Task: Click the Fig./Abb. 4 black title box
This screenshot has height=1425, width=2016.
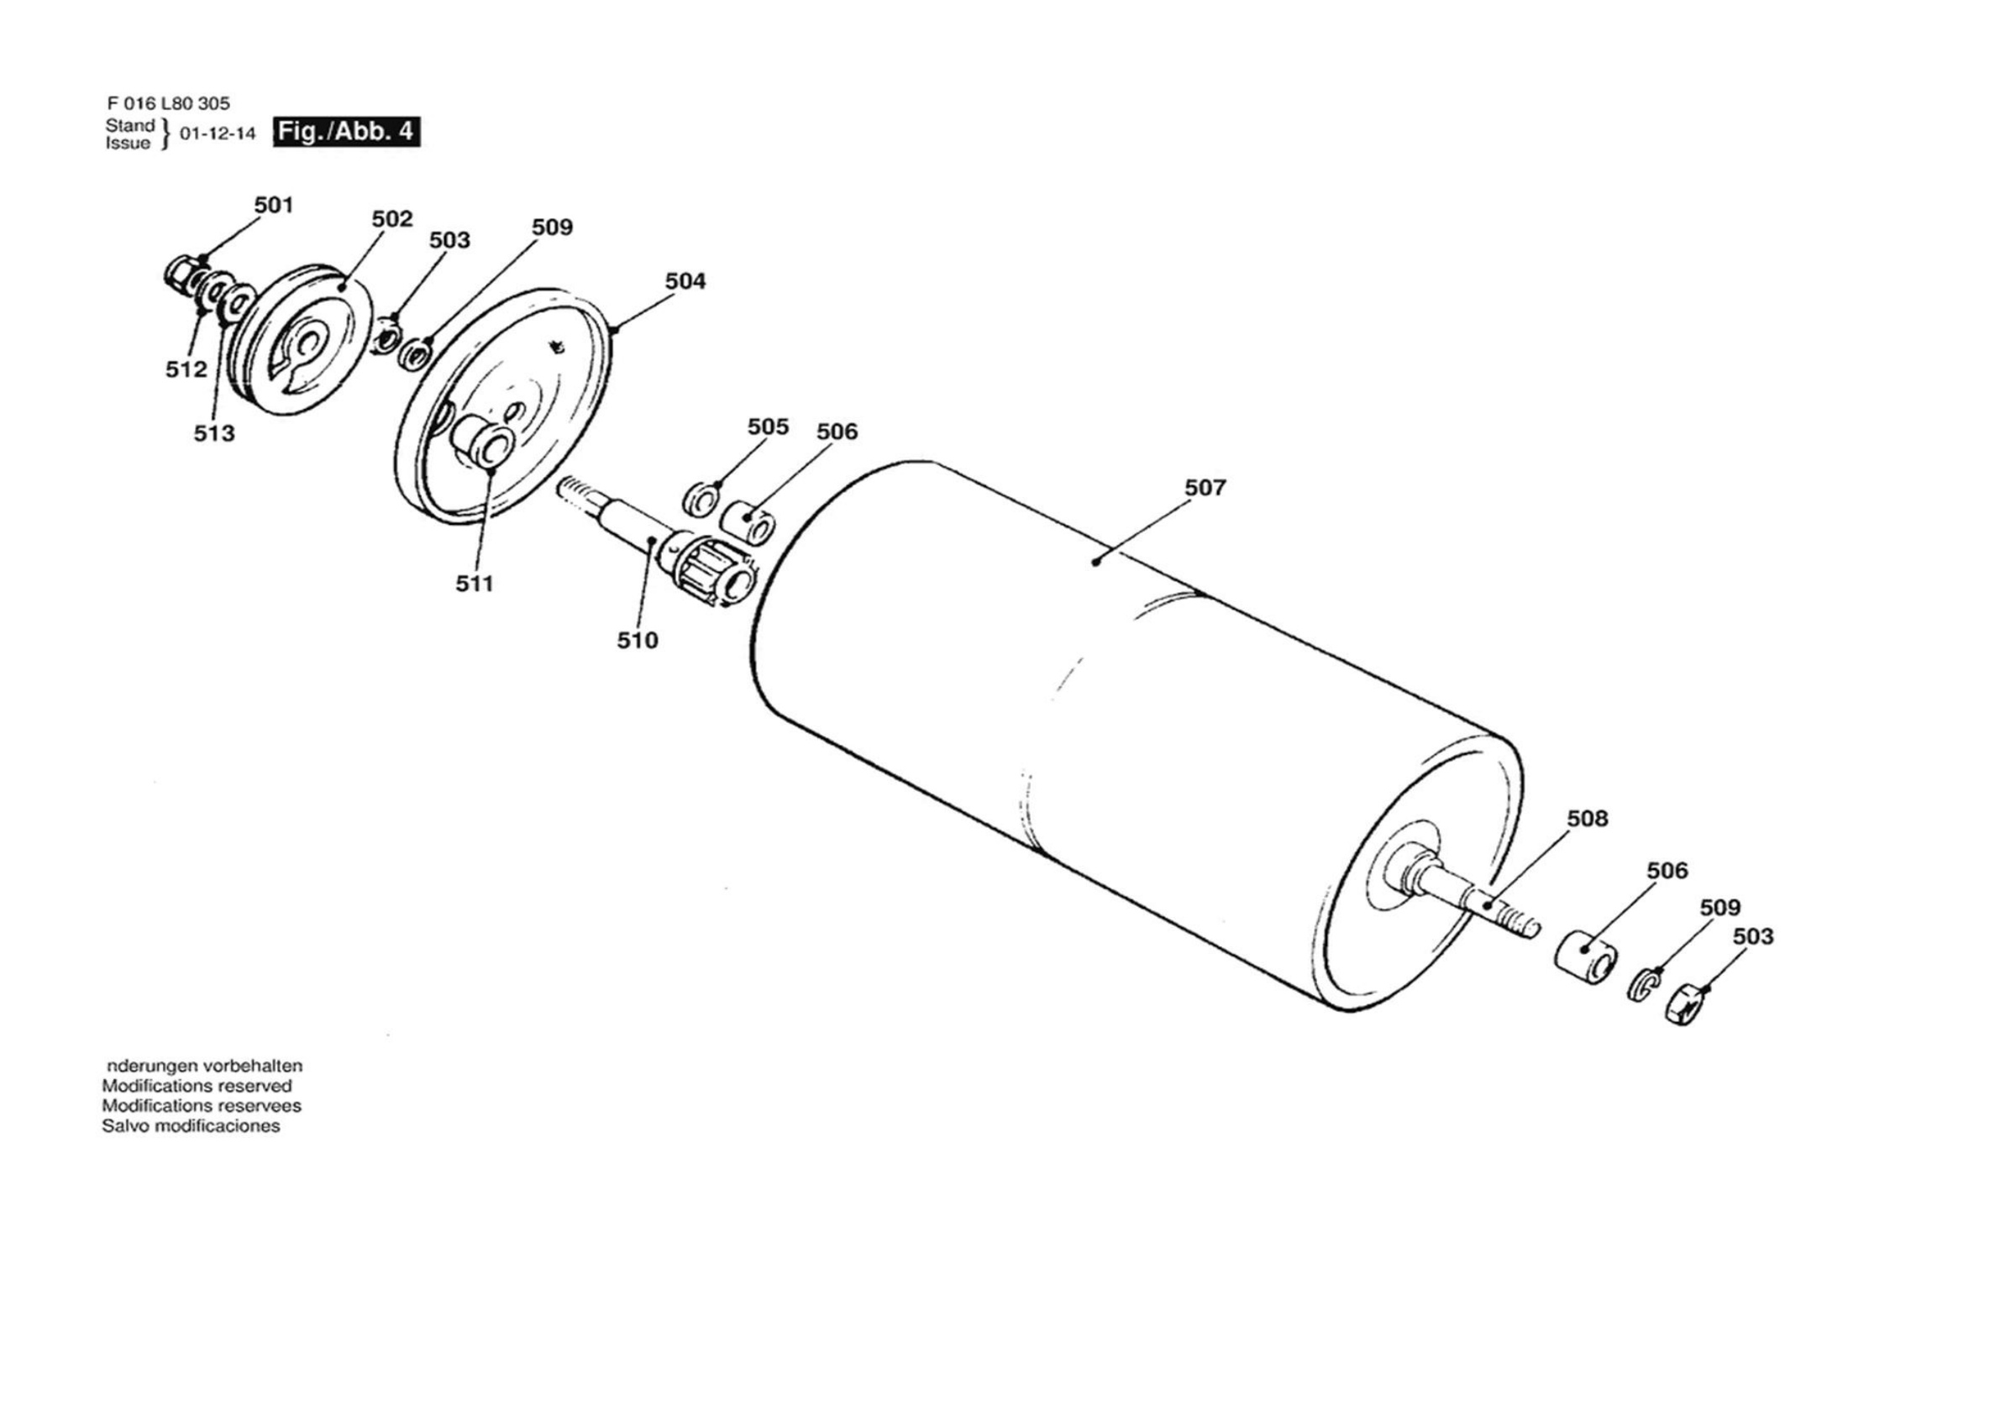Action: click(346, 132)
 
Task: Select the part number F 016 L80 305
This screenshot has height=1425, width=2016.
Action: click(168, 103)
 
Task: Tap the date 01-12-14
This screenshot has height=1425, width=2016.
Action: click(218, 134)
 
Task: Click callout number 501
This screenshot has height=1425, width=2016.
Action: click(273, 206)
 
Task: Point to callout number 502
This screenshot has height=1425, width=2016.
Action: click(391, 219)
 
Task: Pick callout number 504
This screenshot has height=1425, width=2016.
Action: click(685, 281)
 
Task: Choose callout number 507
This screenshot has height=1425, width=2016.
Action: click(1205, 487)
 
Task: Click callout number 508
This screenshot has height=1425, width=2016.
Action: click(1588, 818)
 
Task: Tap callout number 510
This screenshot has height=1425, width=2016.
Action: click(638, 641)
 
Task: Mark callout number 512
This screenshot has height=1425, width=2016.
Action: click(186, 369)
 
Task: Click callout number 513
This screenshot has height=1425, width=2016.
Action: click(214, 434)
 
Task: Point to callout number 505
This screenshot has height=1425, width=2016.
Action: click(769, 427)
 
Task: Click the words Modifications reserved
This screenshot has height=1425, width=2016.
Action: click(197, 1086)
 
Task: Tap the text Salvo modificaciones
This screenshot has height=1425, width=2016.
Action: click(192, 1126)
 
